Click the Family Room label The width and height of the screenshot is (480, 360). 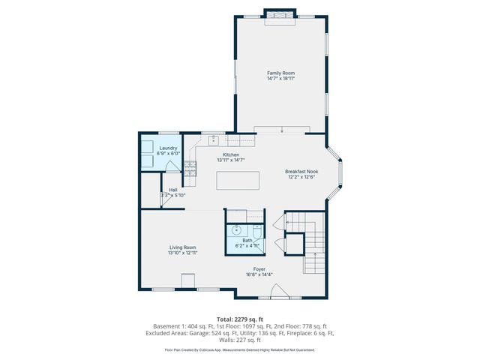[x=281, y=73]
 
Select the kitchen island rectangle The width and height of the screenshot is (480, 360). [x=238, y=181]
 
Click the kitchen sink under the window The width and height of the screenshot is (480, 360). [x=213, y=139]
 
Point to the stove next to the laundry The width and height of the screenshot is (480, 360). [x=190, y=169]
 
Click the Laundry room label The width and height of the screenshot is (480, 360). [x=168, y=148]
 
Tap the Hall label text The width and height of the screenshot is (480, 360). [x=173, y=190]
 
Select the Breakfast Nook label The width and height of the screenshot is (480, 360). [x=301, y=171]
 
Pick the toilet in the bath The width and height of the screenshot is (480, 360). [x=256, y=231]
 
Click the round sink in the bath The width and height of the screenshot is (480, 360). [x=235, y=231]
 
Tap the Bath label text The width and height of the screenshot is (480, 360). [x=247, y=240]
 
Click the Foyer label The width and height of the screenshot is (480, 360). [x=259, y=268]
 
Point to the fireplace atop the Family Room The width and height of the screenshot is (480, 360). [x=281, y=14]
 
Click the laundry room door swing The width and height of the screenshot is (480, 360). [x=172, y=166]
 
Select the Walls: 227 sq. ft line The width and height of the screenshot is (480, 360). [x=240, y=340]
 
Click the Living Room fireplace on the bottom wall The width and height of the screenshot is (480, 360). [x=186, y=281]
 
